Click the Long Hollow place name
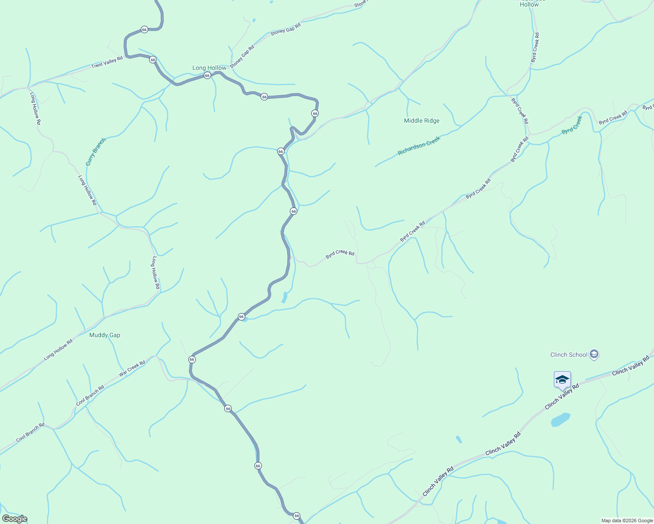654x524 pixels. point(209,68)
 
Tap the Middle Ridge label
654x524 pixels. point(421,121)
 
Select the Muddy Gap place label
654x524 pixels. point(104,335)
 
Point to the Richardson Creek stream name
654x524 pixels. point(418,146)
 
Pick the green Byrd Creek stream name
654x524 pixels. point(572,124)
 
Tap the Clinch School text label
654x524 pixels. point(569,355)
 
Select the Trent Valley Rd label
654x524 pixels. point(107,62)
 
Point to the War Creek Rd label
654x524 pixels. point(132,369)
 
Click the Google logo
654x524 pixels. point(14,519)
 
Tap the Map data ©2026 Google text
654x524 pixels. point(627,521)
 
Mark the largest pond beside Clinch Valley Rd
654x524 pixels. point(560,420)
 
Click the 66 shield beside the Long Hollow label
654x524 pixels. point(207,75)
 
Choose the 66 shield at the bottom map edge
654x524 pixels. point(296,516)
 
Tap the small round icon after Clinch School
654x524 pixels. point(594,354)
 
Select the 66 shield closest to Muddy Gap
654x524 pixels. point(192,359)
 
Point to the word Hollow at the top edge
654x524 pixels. point(529,4)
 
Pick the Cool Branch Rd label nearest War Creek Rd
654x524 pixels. point(90,395)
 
